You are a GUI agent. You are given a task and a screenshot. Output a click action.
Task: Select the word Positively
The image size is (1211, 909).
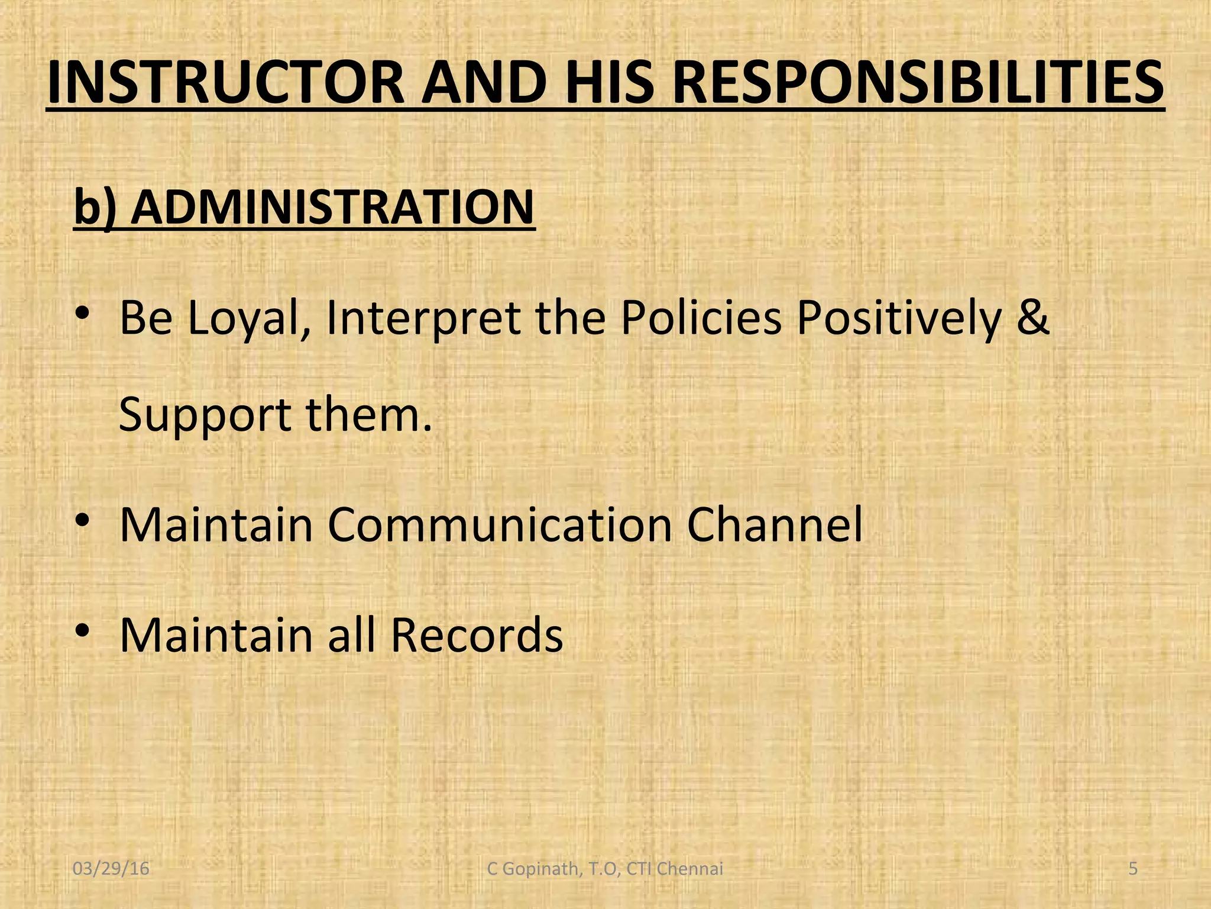tap(899, 318)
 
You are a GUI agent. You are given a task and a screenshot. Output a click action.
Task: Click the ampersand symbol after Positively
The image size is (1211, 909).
tap(1033, 318)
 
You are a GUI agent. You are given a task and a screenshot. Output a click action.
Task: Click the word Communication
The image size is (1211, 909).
tap(500, 524)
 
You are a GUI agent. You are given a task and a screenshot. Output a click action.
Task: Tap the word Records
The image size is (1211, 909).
tap(477, 635)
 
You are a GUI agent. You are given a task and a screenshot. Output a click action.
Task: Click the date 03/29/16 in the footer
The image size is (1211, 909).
tap(111, 869)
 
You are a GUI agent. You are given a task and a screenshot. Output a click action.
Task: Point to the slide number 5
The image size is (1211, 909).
tap(1133, 869)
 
